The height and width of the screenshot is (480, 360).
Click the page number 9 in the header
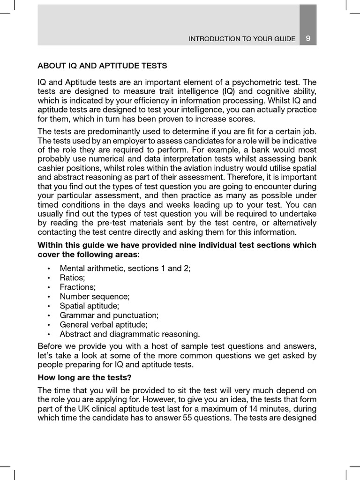point(307,39)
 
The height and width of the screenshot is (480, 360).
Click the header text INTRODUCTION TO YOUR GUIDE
point(242,39)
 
